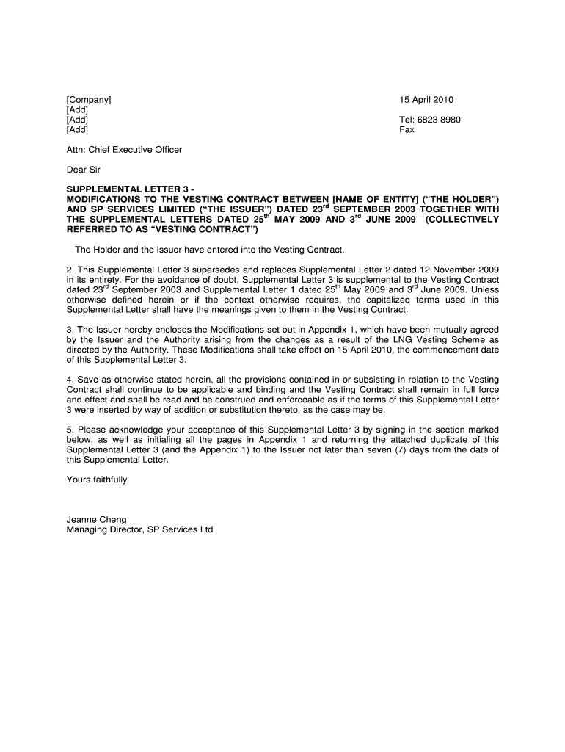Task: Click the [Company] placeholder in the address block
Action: (x=89, y=100)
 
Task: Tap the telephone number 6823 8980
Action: (x=440, y=120)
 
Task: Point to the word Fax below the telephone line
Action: (x=407, y=130)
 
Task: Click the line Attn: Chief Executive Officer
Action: (x=124, y=150)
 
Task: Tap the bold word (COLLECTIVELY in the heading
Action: (x=462, y=220)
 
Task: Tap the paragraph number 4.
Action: (x=70, y=380)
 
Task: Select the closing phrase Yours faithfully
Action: (x=97, y=480)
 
